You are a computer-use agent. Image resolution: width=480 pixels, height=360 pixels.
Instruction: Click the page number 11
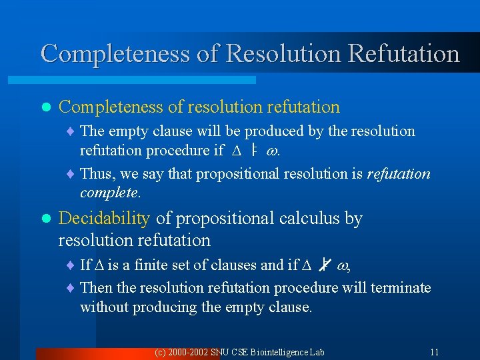click(434, 352)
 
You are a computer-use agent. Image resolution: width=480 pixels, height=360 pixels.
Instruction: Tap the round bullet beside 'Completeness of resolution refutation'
click(45, 107)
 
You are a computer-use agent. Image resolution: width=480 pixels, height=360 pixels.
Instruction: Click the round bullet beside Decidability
click(45, 219)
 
